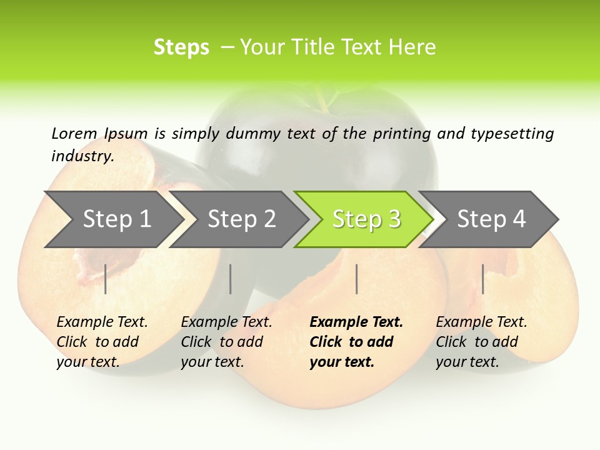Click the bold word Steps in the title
click(181, 47)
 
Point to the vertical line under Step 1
click(106, 279)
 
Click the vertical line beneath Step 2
click(231, 279)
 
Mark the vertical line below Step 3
click(357, 279)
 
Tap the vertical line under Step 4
click(482, 279)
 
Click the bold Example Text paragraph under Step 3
click(356, 342)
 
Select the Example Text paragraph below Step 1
click(102, 342)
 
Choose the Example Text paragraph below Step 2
click(226, 342)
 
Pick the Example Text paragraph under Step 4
click(481, 342)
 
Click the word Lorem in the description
click(74, 133)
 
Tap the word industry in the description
click(82, 156)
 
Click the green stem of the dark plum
click(325, 99)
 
